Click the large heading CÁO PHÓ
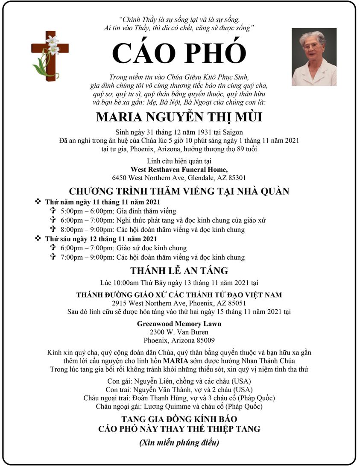(x=179, y=53)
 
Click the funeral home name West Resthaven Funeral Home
(x=179, y=169)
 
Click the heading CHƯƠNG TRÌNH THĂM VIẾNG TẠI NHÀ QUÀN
(x=179, y=191)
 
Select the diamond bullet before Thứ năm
(x=38, y=202)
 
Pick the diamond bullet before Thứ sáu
(x=38, y=238)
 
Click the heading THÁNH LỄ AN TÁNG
(x=179, y=270)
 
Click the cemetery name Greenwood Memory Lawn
(x=179, y=324)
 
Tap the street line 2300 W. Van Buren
(x=179, y=332)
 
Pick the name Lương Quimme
(x=158, y=406)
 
